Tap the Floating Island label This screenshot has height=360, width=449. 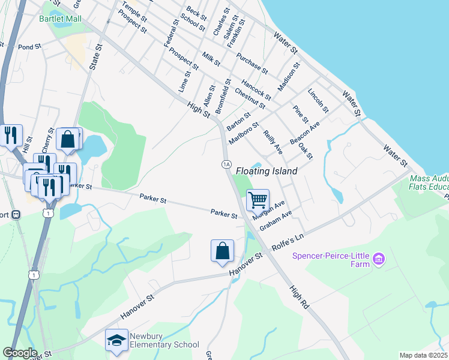[267, 171]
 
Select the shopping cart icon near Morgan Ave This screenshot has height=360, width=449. [258, 200]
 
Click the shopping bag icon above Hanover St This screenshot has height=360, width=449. [222, 251]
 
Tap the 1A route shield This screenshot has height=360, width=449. [226, 164]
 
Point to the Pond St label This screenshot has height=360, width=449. [29, 47]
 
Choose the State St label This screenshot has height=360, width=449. [94, 56]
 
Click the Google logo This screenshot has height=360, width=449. [20, 352]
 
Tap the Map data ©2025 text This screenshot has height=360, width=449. [424, 355]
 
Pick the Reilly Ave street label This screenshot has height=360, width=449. [273, 141]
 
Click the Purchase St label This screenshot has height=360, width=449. [252, 64]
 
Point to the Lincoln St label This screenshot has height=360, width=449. [318, 101]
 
